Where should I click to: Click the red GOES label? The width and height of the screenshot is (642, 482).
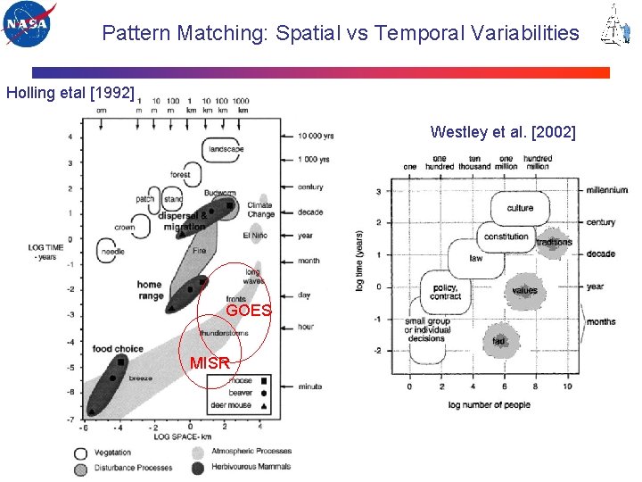pos(249,310)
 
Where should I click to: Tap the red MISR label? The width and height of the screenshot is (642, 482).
pos(210,362)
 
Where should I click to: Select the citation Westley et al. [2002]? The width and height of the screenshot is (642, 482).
pos(503,132)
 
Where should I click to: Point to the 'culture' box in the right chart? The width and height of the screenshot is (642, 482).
pos(520,208)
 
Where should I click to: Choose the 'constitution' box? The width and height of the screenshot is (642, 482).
pos(506,237)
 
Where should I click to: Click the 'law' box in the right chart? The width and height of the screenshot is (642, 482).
pos(477,259)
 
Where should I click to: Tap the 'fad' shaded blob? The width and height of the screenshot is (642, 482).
pos(499,341)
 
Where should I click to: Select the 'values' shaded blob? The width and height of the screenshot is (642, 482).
pos(525,290)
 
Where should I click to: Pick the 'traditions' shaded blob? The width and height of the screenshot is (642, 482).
pos(555,242)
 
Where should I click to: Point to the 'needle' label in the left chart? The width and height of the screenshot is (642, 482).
pos(113,252)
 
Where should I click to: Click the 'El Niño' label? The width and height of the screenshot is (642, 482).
pos(254,236)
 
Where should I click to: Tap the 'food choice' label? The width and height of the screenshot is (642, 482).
pos(118,348)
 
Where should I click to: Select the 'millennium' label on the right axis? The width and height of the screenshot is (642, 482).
pos(606,190)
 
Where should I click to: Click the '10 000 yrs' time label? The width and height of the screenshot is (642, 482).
pos(316,136)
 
